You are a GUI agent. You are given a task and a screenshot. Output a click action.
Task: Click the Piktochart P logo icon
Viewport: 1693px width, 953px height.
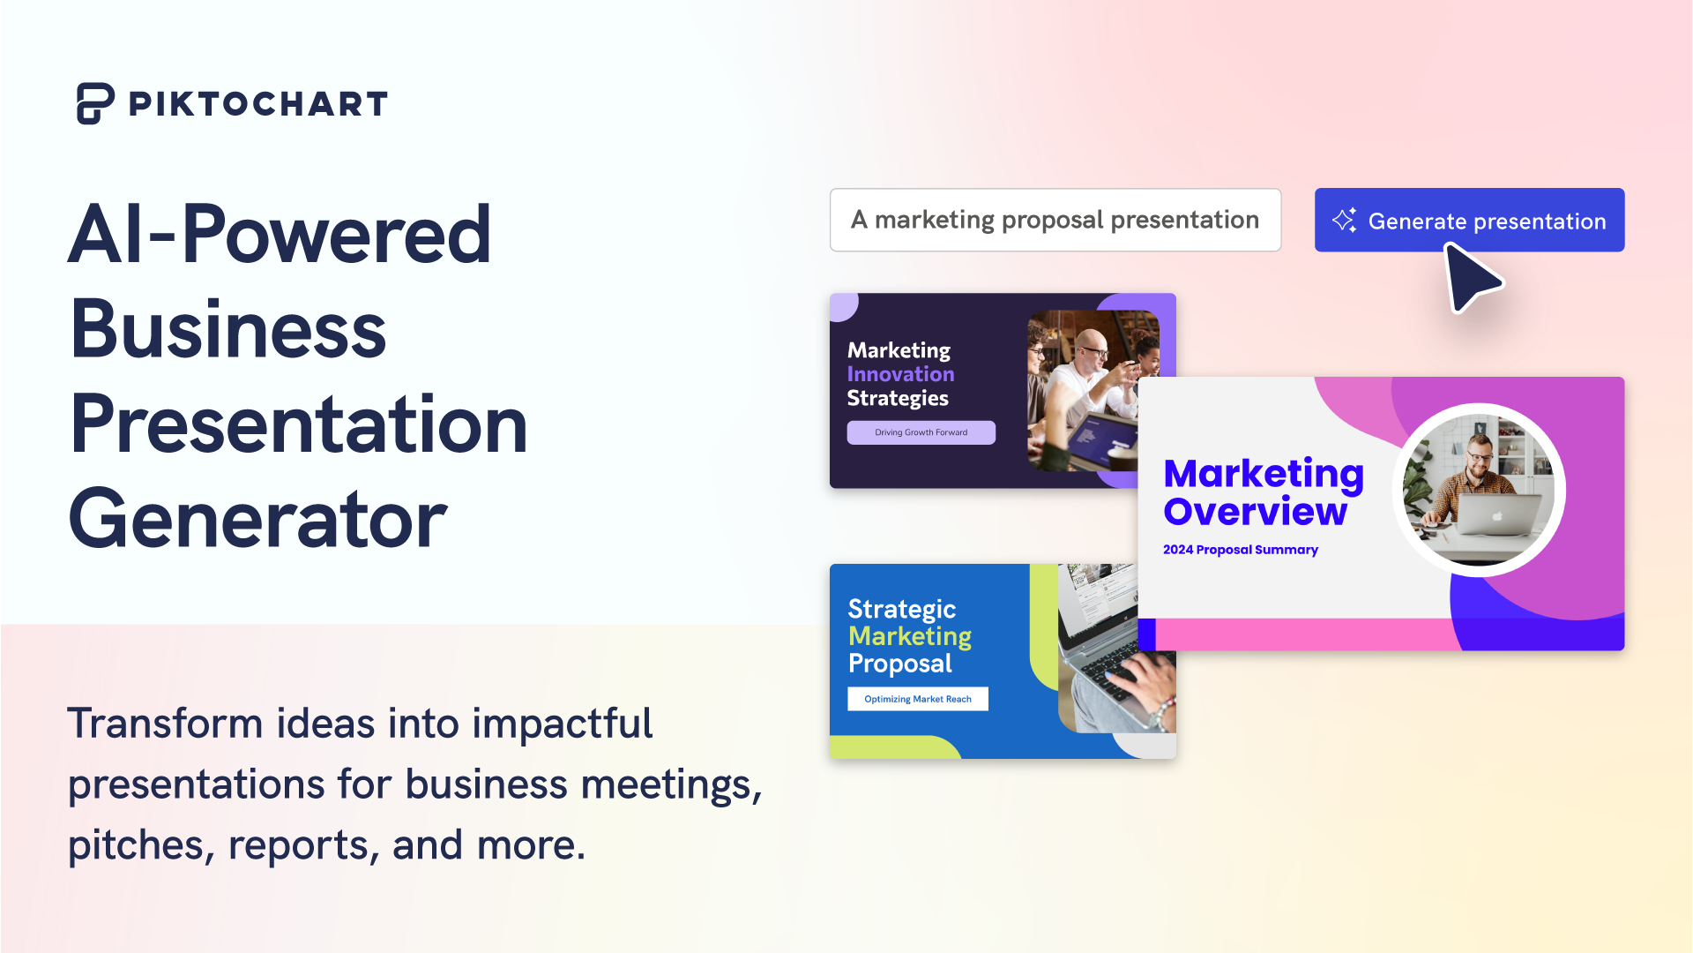pyautogui.click(x=94, y=103)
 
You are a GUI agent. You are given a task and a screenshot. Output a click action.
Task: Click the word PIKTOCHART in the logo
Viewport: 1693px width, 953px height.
pyautogui.click(x=258, y=104)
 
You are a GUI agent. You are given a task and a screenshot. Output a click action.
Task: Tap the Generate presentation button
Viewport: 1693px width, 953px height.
pyautogui.click(x=1469, y=221)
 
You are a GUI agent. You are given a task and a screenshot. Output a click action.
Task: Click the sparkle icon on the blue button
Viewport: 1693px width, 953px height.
pyautogui.click(x=1344, y=221)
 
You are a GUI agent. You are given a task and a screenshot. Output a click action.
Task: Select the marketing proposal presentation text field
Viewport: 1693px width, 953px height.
pyautogui.click(x=1055, y=220)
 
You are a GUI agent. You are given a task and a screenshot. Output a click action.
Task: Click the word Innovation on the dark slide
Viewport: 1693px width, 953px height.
pyautogui.click(x=900, y=374)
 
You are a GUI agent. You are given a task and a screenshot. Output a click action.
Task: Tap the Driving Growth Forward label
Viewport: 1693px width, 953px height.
pyautogui.click(x=921, y=432)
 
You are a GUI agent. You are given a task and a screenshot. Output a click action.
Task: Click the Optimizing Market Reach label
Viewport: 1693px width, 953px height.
pyautogui.click(x=917, y=699)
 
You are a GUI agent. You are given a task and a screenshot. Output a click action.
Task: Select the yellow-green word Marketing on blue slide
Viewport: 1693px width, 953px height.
pyautogui.click(x=909, y=636)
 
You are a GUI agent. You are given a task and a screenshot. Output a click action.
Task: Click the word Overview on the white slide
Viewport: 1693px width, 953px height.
pyautogui.click(x=1255, y=512)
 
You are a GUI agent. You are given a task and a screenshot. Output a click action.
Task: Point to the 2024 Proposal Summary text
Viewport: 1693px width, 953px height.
pyautogui.click(x=1240, y=550)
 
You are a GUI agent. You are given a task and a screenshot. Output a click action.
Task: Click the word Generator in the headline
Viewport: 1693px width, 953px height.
pyautogui.click(x=257, y=519)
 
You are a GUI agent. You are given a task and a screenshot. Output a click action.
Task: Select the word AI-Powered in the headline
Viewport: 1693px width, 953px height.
pyautogui.click(x=280, y=235)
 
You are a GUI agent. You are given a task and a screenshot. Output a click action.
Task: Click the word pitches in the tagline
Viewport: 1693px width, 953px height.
pyautogui.click(x=139, y=845)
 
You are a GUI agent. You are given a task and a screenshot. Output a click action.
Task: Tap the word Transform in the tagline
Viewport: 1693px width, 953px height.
pyautogui.click(x=166, y=724)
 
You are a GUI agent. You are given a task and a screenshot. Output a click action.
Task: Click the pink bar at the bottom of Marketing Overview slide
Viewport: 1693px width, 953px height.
pyautogui.click(x=1305, y=634)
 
